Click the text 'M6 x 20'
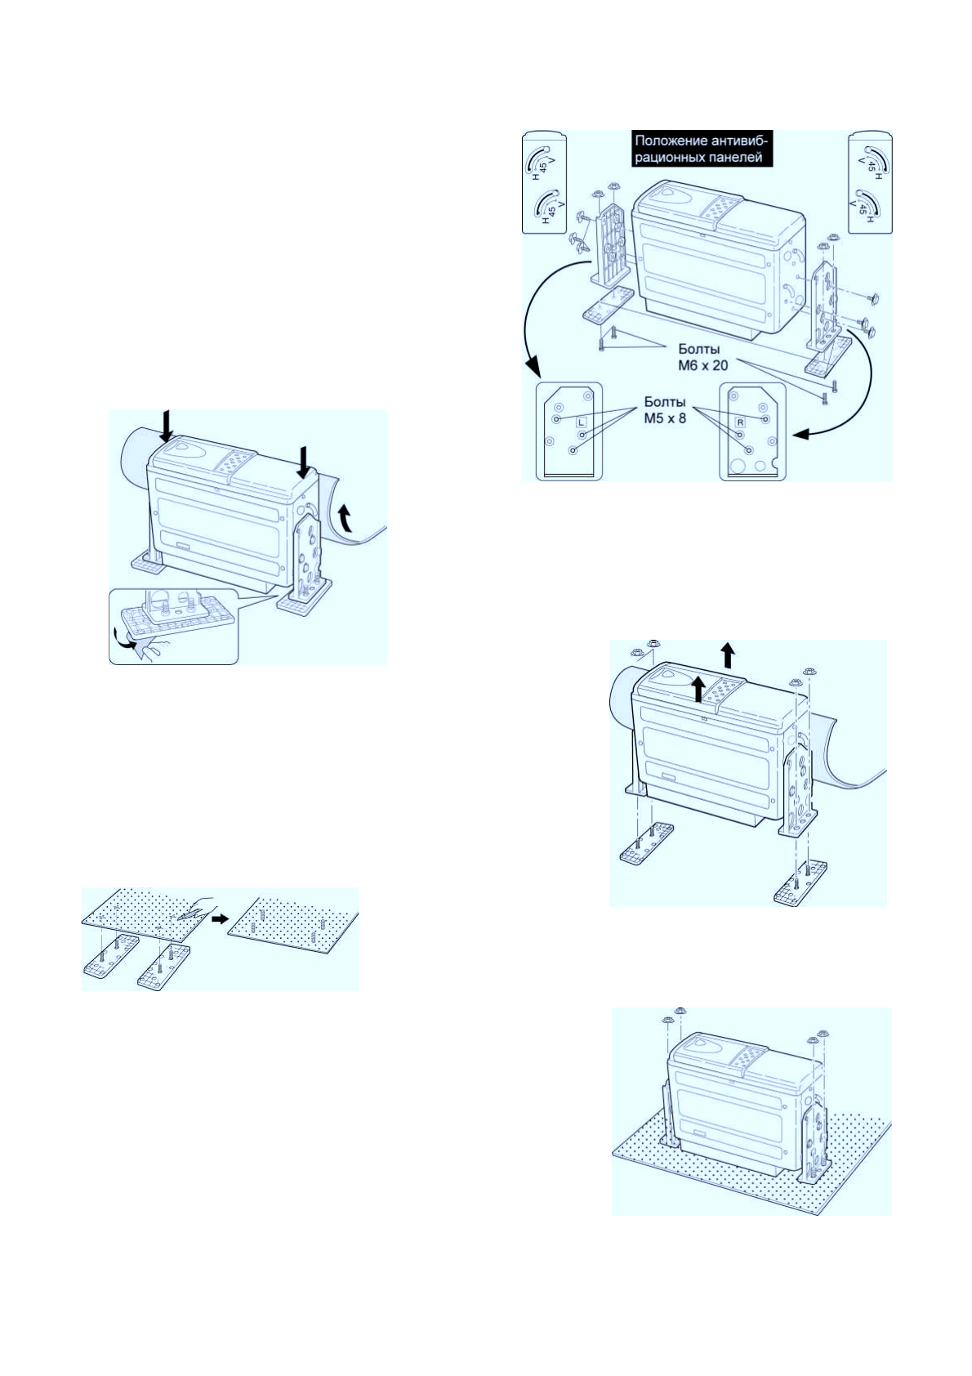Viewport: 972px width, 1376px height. [698, 364]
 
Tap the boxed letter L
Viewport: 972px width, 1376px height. [581, 422]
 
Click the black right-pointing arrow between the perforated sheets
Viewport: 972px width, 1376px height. [218, 918]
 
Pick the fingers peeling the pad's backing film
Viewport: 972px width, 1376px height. [151, 647]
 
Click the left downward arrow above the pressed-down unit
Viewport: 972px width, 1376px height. [167, 426]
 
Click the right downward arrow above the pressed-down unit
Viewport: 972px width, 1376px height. [304, 462]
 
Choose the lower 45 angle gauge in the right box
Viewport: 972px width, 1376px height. [865, 204]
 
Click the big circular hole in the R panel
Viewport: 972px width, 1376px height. [742, 466]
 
